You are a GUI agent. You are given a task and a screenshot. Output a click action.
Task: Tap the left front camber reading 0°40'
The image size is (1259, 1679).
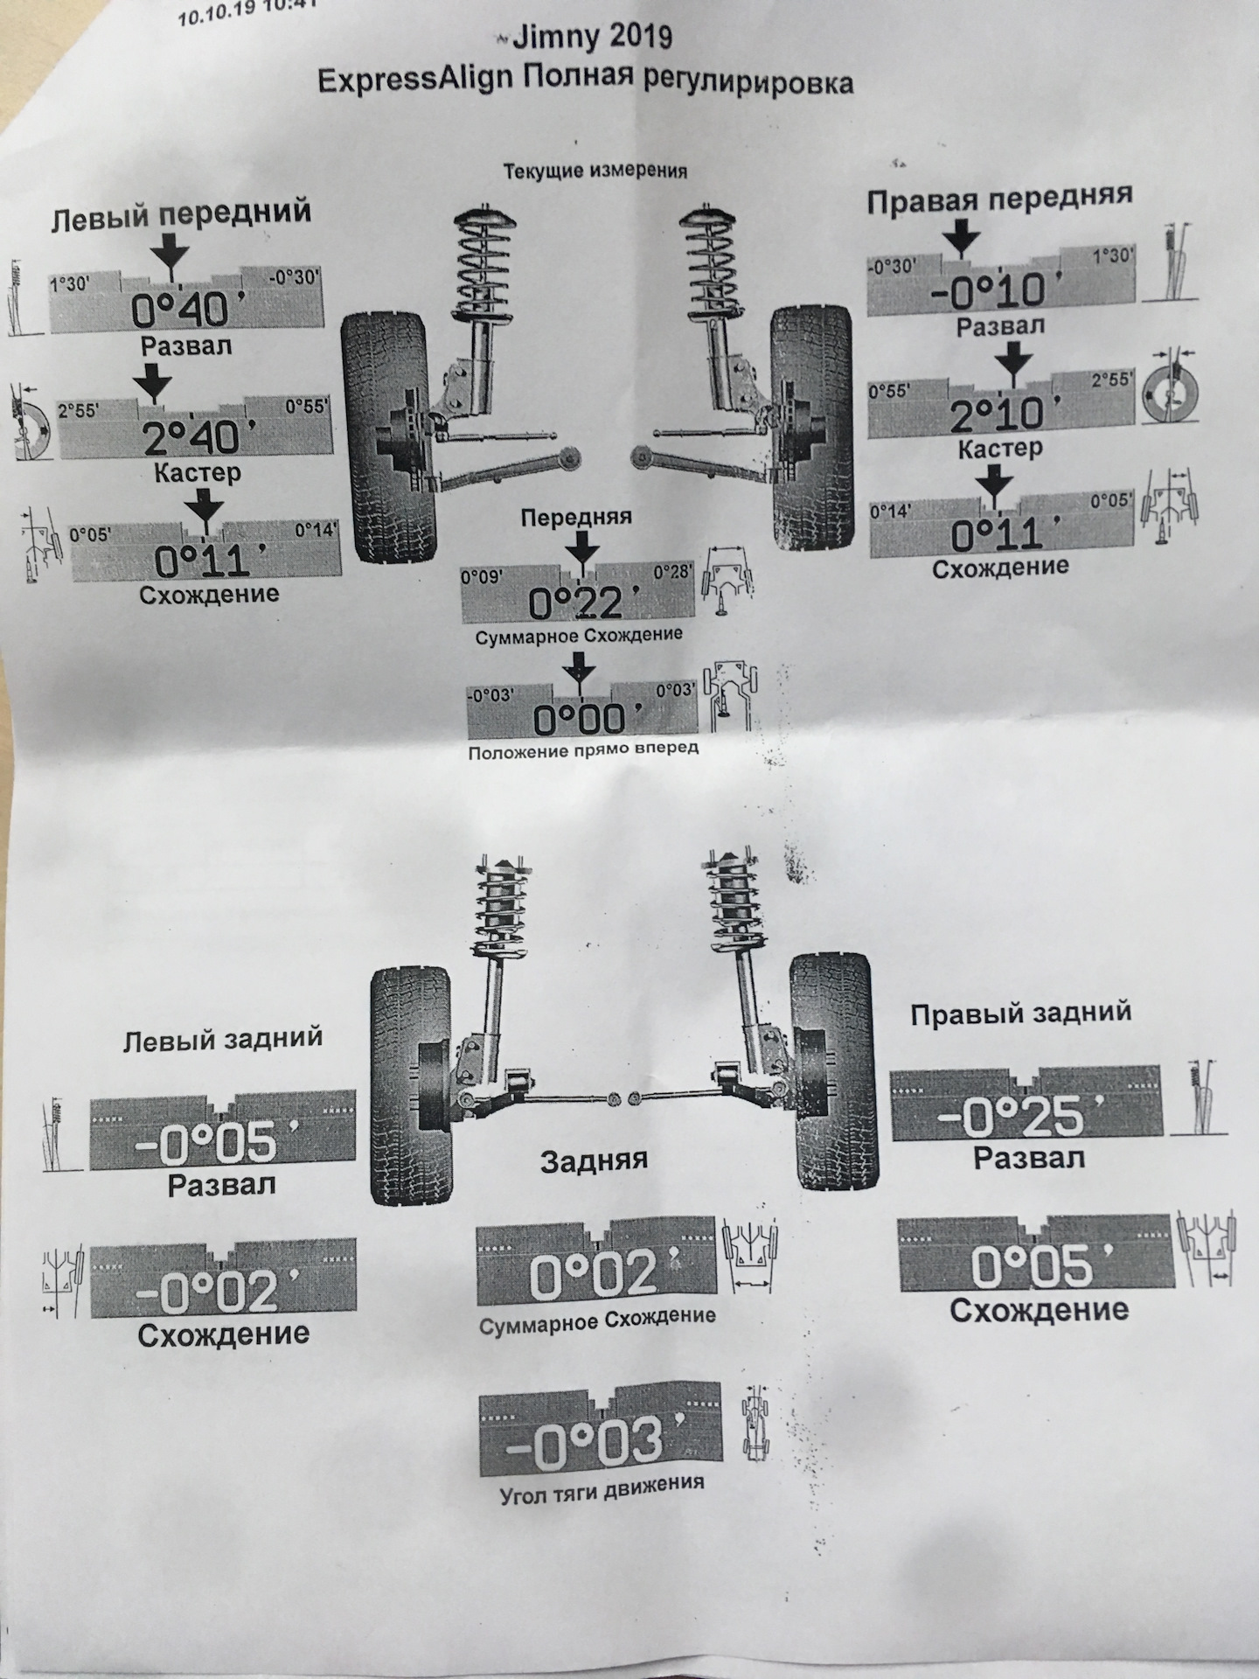[x=181, y=309]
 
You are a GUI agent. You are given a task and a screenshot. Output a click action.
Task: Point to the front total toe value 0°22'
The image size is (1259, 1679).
[x=577, y=603]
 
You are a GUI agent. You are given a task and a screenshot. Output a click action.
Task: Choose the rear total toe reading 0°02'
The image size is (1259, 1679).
[x=593, y=1276]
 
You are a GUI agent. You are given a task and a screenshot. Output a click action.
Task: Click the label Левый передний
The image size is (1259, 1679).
[x=181, y=214]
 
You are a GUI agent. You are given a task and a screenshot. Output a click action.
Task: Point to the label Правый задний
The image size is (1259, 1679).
[x=1020, y=1013]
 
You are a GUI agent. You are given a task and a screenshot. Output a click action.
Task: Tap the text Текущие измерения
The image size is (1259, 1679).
[x=595, y=171]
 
